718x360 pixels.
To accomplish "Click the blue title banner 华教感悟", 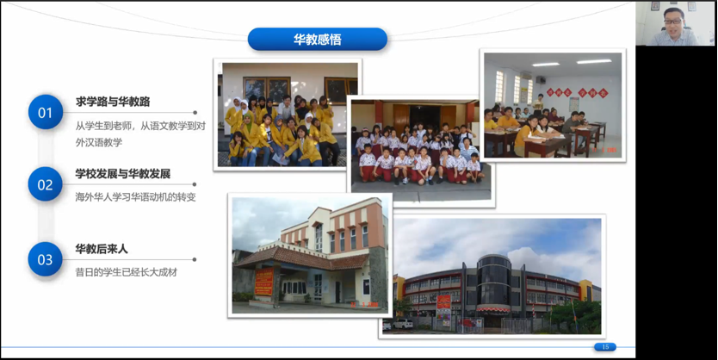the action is [318, 39].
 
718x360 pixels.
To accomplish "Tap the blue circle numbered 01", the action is [46, 112].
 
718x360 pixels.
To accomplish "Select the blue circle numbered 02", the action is [46, 184].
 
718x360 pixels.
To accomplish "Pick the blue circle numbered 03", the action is [46, 259].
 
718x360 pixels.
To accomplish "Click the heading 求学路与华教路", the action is [113, 102].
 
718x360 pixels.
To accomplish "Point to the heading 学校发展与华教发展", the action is [123, 174].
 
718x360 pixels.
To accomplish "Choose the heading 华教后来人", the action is [102, 249].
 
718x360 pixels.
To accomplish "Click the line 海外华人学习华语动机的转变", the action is [135, 197].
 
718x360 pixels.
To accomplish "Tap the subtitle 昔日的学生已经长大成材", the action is [126, 272].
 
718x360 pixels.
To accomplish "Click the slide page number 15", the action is [605, 347].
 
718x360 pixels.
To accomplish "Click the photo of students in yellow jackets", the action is [288, 115].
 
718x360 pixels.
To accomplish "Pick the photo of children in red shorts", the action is [421, 150].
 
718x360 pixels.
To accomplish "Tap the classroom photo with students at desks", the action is [553, 105].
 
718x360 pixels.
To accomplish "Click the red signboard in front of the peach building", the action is [263, 282].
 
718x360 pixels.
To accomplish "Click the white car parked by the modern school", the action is [402, 324].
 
